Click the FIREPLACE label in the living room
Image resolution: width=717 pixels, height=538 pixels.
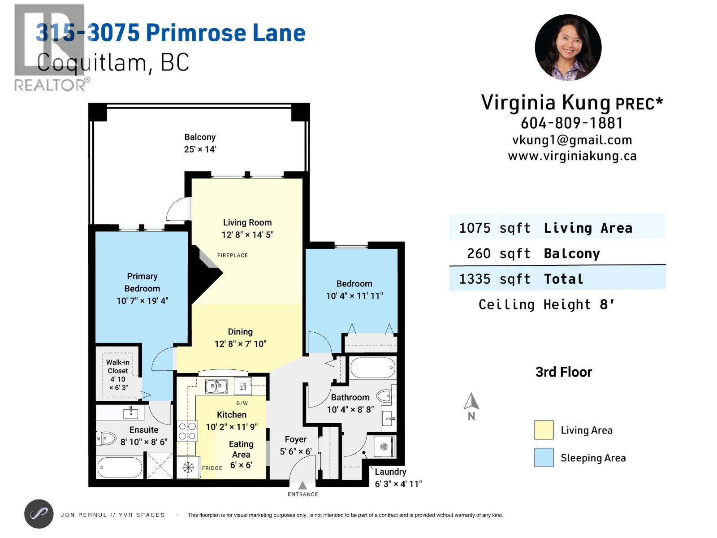pos(232,255)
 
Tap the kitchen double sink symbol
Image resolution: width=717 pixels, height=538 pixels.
pos(216,386)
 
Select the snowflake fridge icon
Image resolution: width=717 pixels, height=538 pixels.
pos(188,468)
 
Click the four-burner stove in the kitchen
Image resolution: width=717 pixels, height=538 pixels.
pos(187,431)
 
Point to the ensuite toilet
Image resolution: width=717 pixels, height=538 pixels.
pos(107,438)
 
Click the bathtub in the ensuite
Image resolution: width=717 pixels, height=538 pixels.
pos(119,468)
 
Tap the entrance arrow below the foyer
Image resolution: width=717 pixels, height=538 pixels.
pos(302,486)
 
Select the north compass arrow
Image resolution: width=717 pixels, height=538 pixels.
pos(471,402)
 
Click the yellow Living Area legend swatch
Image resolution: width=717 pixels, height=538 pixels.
pos(544,430)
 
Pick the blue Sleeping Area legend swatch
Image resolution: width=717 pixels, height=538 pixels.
pos(544,458)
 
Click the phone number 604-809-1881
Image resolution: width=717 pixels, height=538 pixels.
pos(572,123)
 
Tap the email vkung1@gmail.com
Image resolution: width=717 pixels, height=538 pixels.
pos(572,140)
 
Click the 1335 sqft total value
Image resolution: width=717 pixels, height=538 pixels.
pos(495,279)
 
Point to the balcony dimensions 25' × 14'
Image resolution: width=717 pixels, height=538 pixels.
pos(200,149)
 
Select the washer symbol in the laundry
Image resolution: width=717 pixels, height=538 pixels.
pos(384,447)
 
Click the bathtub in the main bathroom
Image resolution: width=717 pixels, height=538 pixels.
pos(372,368)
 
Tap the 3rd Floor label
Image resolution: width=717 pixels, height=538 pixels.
pos(563,372)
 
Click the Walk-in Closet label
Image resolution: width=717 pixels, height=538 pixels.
pos(117,366)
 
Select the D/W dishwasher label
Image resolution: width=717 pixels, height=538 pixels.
pos(242,403)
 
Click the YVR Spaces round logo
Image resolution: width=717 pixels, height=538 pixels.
pos(39,514)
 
